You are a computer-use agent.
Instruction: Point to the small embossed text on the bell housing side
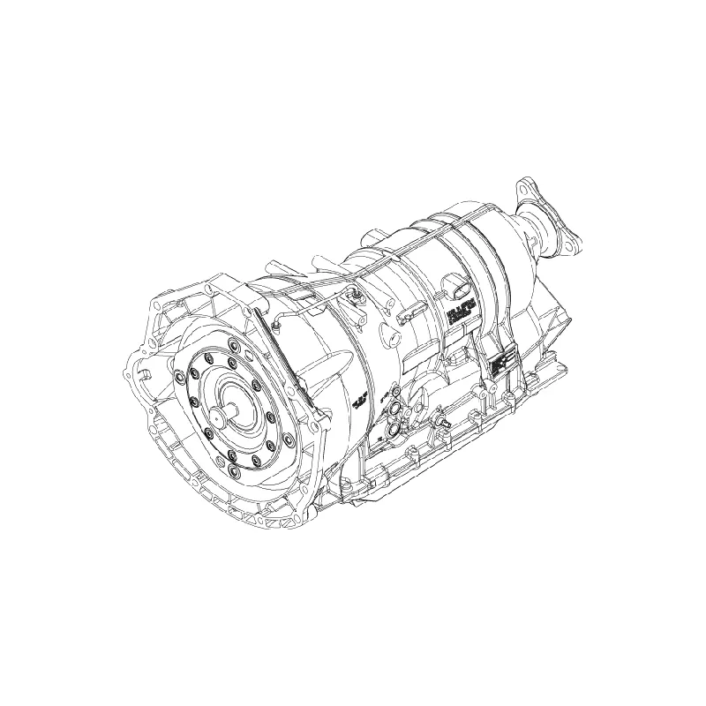pyautogui.click(x=359, y=400)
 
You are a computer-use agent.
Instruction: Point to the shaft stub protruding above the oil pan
pyautogui.click(x=441, y=422)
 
